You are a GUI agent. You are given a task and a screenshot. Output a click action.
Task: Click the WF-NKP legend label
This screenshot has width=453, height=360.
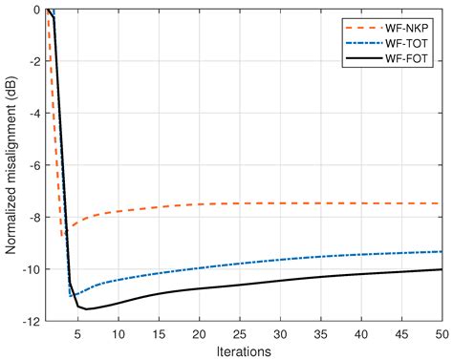pos(411,26)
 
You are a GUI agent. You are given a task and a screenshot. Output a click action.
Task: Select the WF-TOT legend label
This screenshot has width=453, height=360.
pos(411,43)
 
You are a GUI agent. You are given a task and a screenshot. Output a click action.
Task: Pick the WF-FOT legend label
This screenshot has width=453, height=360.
pos(411,60)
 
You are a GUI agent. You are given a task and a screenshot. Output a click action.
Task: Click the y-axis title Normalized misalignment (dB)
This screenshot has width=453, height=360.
pos(11,165)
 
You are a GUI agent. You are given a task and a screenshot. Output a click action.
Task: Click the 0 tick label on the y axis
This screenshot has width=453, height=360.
pos(35,10)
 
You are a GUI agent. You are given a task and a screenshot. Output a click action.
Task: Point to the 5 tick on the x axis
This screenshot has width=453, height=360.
pos(78,333)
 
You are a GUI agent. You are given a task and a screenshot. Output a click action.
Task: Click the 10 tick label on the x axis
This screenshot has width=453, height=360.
pos(119,333)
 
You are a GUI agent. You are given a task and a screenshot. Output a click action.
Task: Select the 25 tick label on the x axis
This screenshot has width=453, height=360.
pos(240,333)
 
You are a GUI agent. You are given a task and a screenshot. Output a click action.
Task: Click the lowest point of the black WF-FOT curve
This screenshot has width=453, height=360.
pos(87,309)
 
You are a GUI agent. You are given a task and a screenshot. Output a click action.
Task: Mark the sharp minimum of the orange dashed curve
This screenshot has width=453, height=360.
pos(63,235)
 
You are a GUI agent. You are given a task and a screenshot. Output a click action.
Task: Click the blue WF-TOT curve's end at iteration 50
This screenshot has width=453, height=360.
pos(442,251)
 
